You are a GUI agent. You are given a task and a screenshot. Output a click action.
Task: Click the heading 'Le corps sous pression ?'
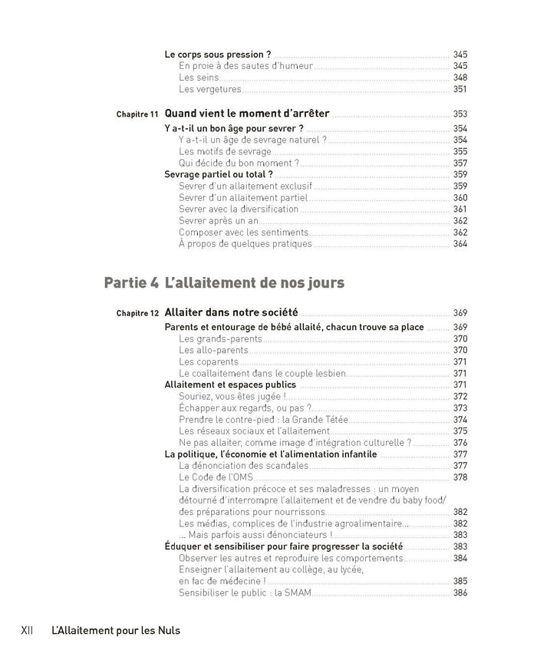click(218, 54)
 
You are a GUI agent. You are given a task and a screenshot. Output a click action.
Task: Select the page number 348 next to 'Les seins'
click(460, 78)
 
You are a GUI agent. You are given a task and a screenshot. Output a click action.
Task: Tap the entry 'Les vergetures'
click(209, 89)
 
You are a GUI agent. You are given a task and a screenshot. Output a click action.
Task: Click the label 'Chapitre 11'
click(137, 114)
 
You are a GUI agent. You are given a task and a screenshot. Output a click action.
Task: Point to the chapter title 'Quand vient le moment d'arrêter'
click(247, 114)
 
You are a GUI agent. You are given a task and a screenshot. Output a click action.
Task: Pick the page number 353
click(460, 114)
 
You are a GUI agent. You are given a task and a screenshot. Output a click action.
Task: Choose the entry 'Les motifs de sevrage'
click(225, 151)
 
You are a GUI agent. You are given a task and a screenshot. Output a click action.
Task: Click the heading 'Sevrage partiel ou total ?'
click(219, 174)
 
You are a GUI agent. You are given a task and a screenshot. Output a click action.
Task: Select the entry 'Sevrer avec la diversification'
click(239, 209)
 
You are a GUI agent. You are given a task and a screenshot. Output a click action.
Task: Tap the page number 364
click(460, 244)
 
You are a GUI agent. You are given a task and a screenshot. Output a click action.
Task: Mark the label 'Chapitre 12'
click(137, 313)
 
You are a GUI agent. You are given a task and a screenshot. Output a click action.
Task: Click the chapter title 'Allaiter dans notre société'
click(232, 312)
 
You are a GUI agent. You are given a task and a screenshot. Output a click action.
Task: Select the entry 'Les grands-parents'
click(218, 338)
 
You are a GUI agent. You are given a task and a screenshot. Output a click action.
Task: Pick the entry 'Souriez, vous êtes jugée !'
click(232, 396)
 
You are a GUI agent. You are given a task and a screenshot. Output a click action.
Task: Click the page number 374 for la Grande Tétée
click(460, 419)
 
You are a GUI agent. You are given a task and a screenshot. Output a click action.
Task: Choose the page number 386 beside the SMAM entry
click(460, 592)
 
